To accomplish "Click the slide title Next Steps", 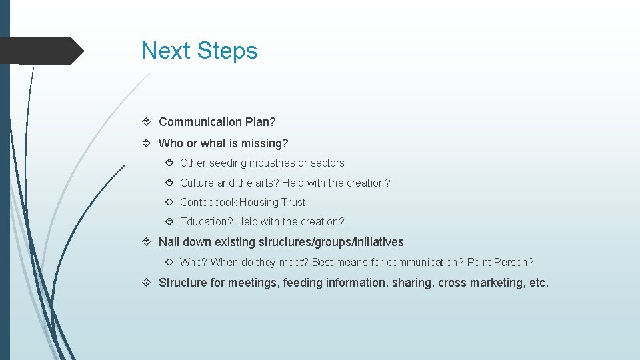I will coord(199,51).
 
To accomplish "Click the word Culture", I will coord(197,183).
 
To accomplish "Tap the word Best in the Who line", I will coord(323,262).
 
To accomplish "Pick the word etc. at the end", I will coord(538,283).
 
